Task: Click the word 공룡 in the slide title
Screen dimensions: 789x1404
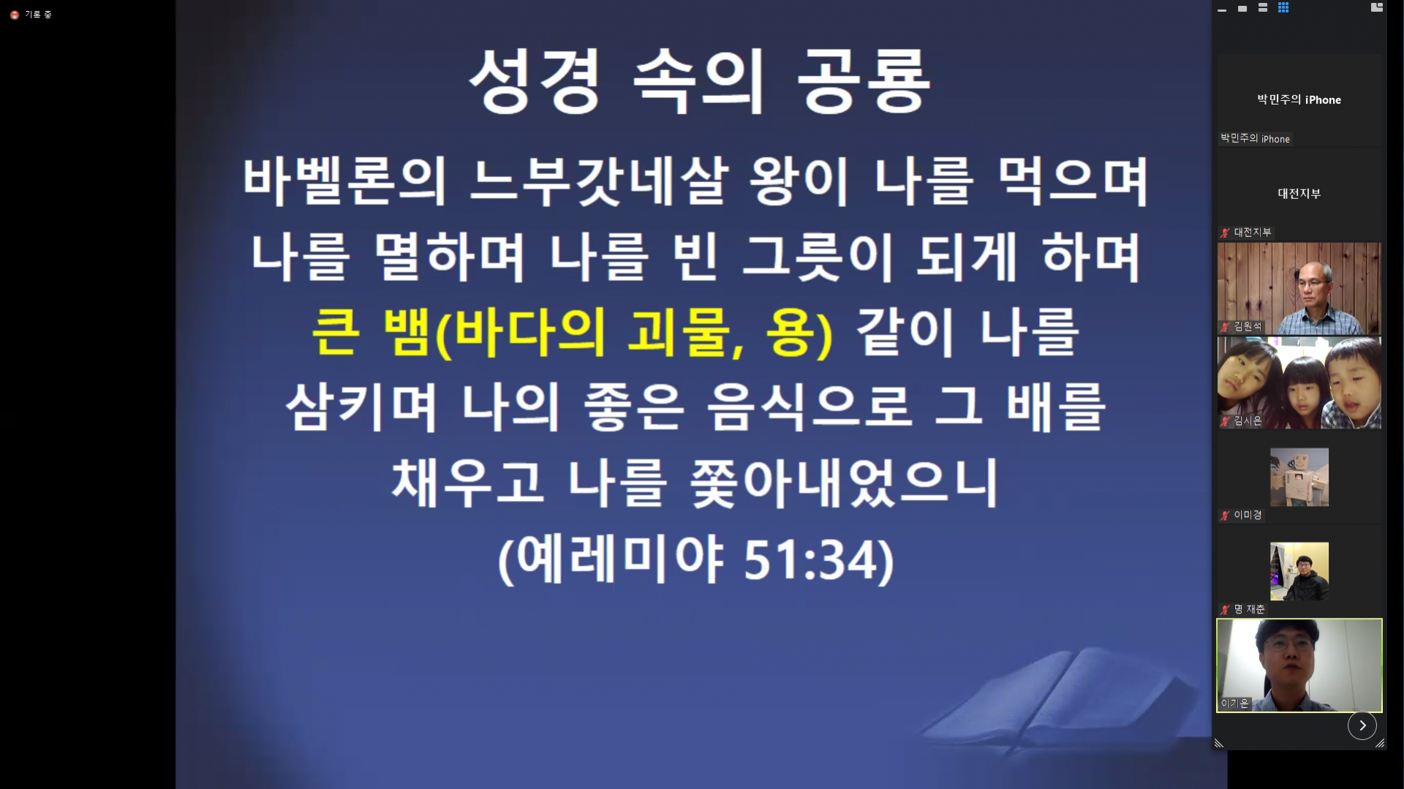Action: [x=863, y=82]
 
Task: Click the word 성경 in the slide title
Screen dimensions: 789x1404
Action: [x=535, y=82]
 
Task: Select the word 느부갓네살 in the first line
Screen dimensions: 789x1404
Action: [x=599, y=181]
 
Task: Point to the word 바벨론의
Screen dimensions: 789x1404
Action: [x=344, y=181]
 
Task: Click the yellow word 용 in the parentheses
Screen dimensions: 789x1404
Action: [x=790, y=333]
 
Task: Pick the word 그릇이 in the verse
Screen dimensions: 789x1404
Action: [x=817, y=257]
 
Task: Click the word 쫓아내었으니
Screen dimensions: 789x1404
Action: [x=845, y=483]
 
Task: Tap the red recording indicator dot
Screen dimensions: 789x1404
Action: [x=15, y=15]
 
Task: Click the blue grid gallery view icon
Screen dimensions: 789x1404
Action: [x=1283, y=7]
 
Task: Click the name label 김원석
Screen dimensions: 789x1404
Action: [x=1248, y=326]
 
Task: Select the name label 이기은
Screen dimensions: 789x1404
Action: [x=1235, y=703]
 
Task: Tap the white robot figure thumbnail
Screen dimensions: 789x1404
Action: [x=1299, y=477]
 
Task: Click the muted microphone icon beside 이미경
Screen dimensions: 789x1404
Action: [x=1225, y=516]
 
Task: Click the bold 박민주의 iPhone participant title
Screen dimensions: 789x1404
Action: [x=1299, y=100]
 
